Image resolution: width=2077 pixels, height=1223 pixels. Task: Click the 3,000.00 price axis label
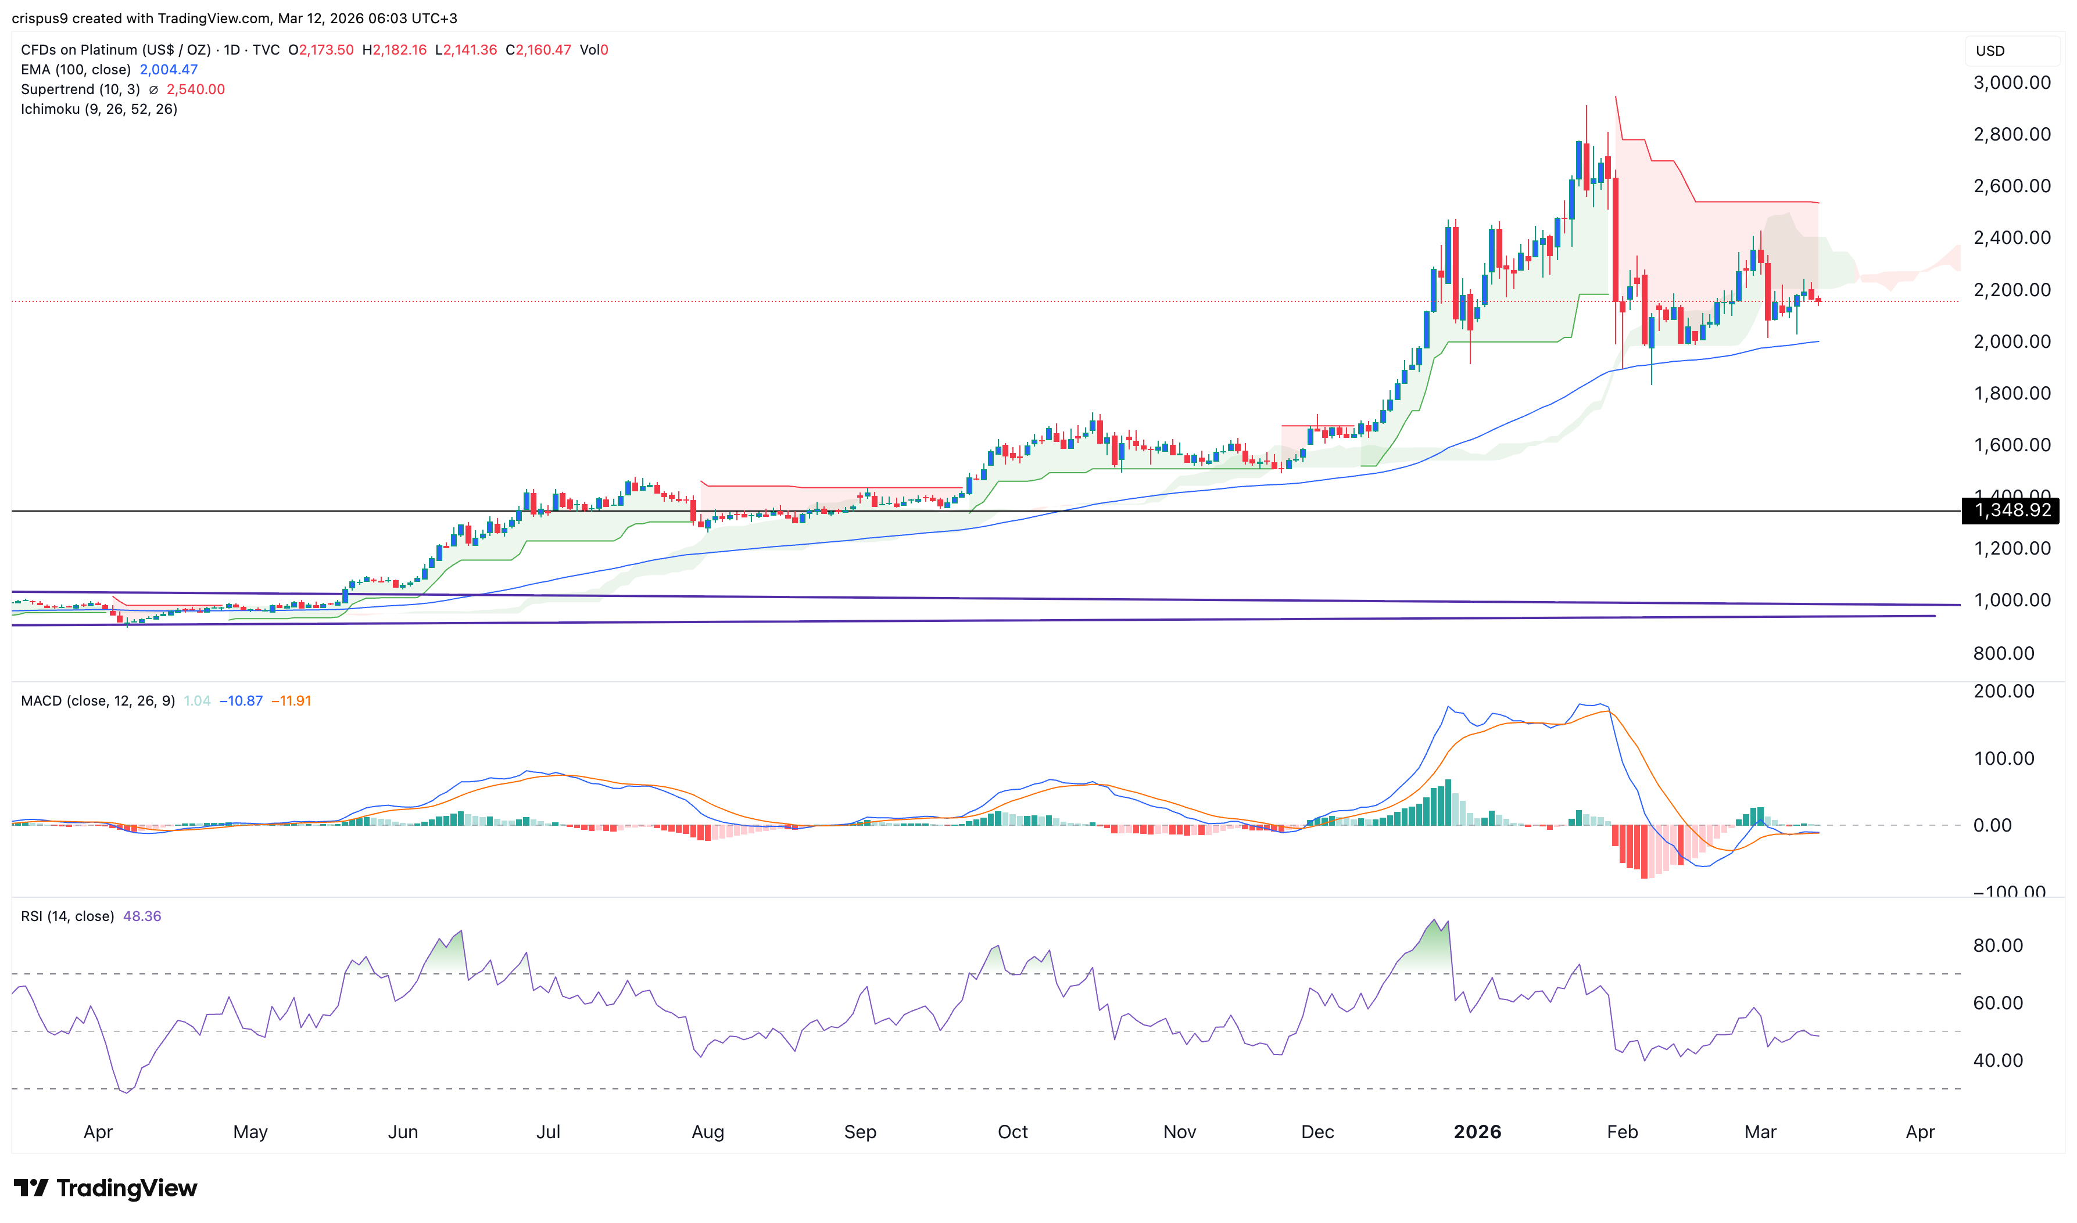pyautogui.click(x=2011, y=82)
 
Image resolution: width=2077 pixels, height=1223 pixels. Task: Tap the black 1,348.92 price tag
pyautogui.click(x=2010, y=510)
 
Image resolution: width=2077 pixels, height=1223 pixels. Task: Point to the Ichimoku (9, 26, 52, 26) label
pyautogui.click(x=99, y=109)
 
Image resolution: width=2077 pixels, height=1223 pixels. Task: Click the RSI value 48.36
pyautogui.click(x=142, y=916)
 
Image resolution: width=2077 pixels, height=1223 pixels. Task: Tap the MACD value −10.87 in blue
pyautogui.click(x=241, y=700)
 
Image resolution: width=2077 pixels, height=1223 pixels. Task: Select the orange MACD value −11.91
pyautogui.click(x=291, y=700)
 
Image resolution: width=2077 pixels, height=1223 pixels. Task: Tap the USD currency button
pyautogui.click(x=1990, y=51)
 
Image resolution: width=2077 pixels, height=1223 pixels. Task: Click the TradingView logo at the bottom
pyautogui.click(x=106, y=1188)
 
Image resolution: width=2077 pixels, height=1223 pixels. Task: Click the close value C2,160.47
pyautogui.click(x=538, y=49)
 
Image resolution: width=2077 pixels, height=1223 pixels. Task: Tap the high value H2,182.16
pyautogui.click(x=395, y=49)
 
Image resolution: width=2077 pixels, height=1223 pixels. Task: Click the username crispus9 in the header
pyautogui.click(x=40, y=18)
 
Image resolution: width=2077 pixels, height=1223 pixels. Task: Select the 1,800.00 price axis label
pyautogui.click(x=2011, y=393)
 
